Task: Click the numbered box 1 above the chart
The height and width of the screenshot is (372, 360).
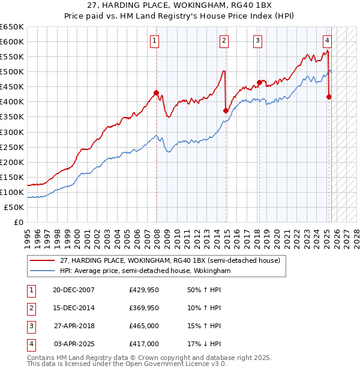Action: click(154, 41)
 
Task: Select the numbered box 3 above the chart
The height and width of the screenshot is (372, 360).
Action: click(257, 41)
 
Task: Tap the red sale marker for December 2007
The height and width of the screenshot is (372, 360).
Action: click(157, 92)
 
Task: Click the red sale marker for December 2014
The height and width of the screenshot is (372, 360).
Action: click(226, 110)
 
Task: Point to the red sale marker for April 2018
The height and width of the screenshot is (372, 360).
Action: click(259, 82)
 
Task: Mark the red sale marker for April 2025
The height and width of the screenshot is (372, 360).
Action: click(329, 97)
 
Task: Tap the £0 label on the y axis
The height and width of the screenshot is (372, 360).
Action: click(18, 222)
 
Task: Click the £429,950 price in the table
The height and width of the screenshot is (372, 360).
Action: click(144, 290)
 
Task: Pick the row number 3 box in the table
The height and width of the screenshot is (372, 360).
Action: click(31, 326)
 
